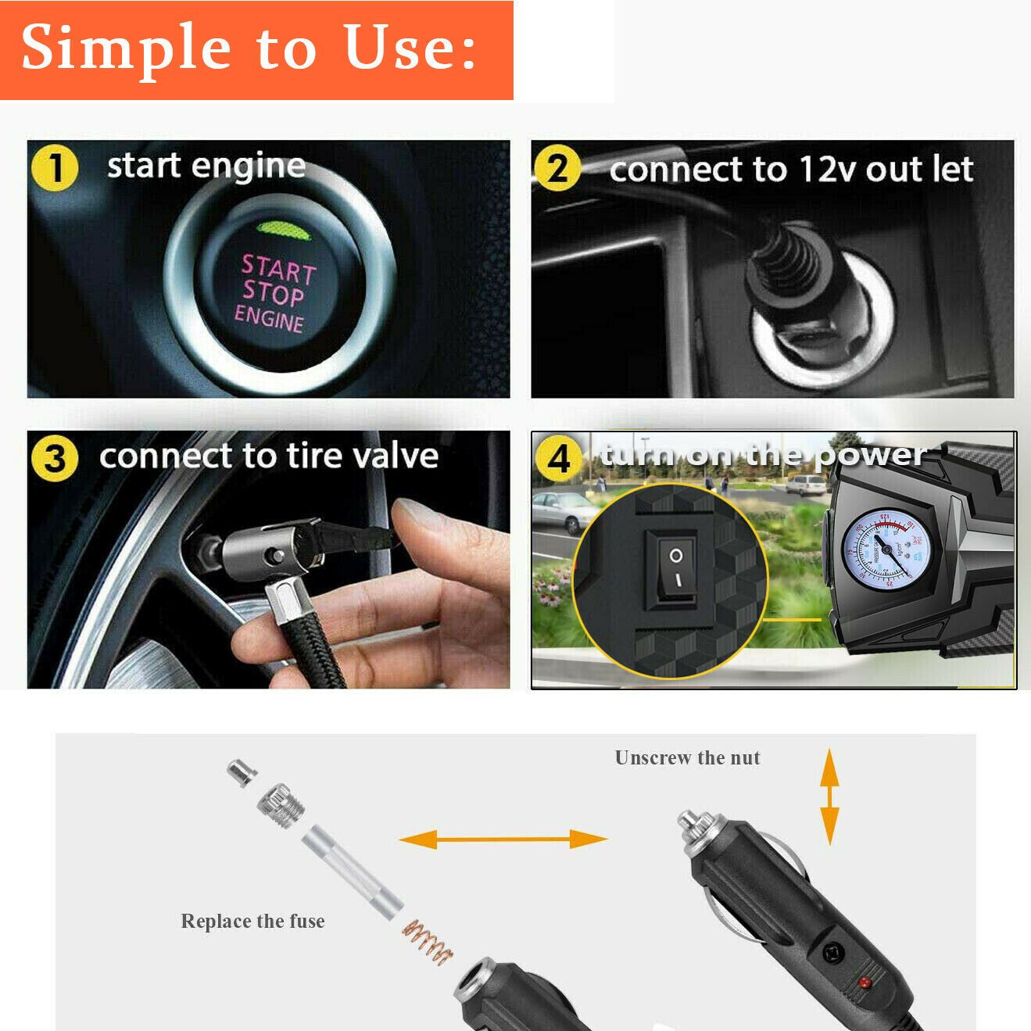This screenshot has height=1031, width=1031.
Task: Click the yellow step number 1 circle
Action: coord(55,169)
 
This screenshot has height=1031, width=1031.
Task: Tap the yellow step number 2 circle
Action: coord(557,169)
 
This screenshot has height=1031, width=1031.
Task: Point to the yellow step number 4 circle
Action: coord(558,459)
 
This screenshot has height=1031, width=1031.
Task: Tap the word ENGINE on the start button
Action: coord(269,319)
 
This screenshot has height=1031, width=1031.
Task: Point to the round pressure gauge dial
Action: coord(886,549)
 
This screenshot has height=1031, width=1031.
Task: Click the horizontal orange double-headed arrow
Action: coord(503,839)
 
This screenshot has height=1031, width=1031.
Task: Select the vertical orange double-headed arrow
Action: coord(829,796)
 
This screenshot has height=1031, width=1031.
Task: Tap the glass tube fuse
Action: coord(353,872)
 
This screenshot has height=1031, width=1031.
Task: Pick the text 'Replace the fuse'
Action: coord(252,921)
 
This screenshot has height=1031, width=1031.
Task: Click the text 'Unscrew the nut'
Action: coord(687,757)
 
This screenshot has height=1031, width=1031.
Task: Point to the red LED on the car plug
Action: coord(865,982)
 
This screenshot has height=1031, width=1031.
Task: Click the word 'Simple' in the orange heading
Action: coord(126,48)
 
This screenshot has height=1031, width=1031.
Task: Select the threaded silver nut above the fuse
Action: coord(281,805)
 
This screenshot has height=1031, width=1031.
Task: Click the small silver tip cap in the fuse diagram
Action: coord(242,771)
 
